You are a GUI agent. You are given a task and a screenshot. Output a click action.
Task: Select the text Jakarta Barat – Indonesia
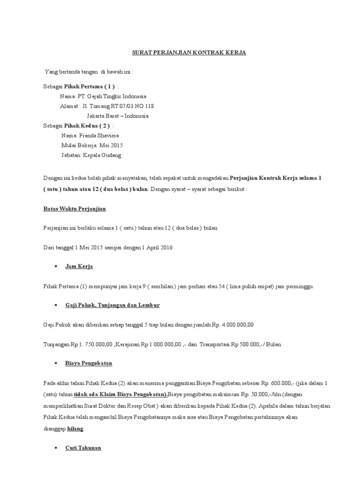tap(118, 116)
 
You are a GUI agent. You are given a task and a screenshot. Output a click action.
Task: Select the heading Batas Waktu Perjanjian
tap(75, 208)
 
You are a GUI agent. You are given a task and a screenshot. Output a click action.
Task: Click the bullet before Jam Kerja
tap(56, 266)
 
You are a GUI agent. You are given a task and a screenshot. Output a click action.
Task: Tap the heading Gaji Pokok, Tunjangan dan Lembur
tap(112, 305)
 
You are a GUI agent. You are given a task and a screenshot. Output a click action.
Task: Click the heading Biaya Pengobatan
tap(89, 363)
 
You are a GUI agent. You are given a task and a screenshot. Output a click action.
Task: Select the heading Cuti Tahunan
tap(83, 449)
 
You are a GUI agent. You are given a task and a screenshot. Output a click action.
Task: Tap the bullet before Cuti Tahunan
tap(56, 449)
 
